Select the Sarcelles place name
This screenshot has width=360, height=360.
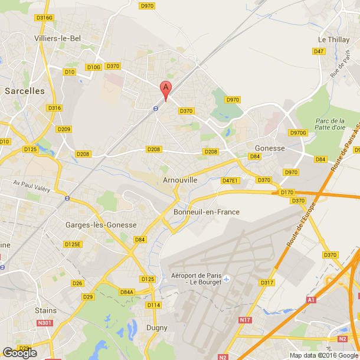[24, 91]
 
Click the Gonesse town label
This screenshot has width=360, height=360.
[270, 148]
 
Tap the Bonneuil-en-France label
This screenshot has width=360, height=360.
[207, 212]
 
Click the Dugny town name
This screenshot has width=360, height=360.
[156, 328]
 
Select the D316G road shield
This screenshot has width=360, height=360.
[44, 18]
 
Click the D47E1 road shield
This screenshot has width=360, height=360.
[230, 181]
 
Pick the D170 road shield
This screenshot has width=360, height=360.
[287, 192]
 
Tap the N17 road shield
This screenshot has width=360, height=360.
[245, 320]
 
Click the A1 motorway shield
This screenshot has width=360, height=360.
[310, 300]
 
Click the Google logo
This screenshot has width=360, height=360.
[19, 352]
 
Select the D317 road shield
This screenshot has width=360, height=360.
[267, 283]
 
